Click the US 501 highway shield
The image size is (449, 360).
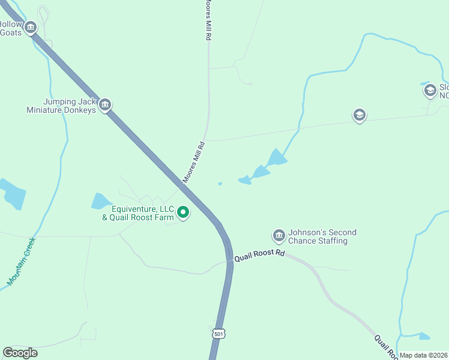click(x=219, y=334)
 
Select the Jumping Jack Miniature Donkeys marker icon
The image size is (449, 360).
click(x=105, y=105)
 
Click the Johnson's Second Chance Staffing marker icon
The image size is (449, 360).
click(x=279, y=235)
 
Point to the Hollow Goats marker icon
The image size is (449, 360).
click(x=31, y=27)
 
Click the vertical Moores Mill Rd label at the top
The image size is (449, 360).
click(x=209, y=20)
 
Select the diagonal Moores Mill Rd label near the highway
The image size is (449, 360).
click(x=194, y=163)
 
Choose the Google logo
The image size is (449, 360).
click(x=20, y=353)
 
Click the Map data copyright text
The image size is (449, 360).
click(x=424, y=355)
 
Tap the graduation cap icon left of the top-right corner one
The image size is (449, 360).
click(x=359, y=115)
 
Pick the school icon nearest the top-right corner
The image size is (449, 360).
click(x=430, y=91)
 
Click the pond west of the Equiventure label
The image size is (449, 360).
click(x=101, y=201)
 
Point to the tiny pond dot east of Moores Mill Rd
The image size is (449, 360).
click(x=220, y=184)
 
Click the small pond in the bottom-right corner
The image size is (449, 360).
click(x=424, y=336)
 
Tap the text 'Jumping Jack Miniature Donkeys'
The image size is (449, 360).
click(x=61, y=106)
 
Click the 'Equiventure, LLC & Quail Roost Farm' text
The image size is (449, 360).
click(x=138, y=213)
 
